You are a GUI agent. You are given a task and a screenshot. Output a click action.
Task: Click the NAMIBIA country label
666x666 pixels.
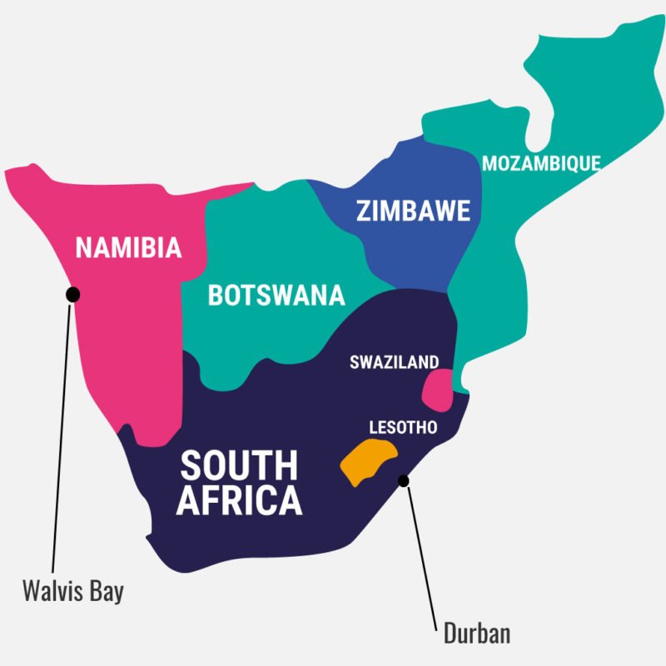click(128, 248)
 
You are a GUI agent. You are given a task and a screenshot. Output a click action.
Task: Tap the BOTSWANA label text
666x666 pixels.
click(276, 296)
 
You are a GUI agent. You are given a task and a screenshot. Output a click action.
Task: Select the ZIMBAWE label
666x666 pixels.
click(413, 211)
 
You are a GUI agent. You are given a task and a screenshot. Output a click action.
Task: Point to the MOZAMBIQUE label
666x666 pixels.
click(541, 163)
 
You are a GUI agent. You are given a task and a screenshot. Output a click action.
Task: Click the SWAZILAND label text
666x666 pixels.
click(394, 362)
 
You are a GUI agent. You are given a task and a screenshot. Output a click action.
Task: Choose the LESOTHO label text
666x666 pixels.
click(402, 427)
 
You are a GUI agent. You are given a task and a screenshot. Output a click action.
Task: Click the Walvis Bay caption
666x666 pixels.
click(72, 592)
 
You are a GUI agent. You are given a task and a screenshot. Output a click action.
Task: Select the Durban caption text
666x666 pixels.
click(477, 634)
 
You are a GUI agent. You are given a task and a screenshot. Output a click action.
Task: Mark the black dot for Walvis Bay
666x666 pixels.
click(73, 293)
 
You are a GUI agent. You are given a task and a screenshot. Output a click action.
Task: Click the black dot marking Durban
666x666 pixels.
click(405, 480)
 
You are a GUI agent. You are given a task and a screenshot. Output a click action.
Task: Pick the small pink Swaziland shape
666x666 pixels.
click(436, 389)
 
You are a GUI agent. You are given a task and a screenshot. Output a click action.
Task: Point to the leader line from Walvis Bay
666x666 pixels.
click(62, 433)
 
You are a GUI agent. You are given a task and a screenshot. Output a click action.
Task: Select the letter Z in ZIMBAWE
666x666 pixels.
click(364, 211)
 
